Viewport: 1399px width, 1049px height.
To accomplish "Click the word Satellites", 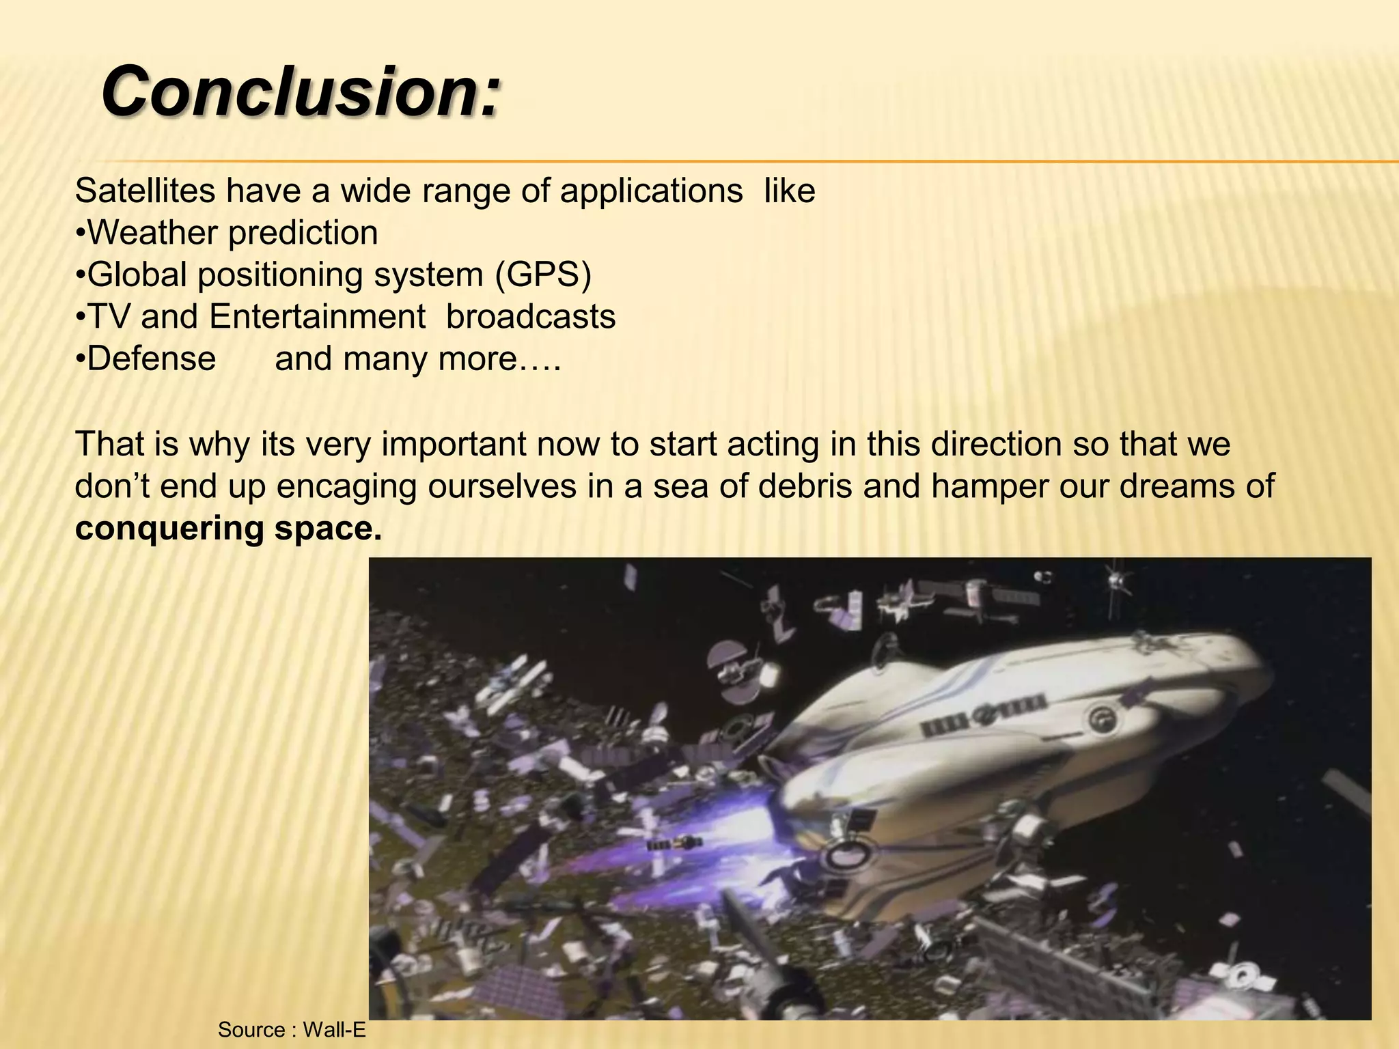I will [x=145, y=191].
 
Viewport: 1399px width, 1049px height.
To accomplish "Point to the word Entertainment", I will [x=318, y=317].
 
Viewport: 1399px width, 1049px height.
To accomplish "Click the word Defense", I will [x=151, y=359].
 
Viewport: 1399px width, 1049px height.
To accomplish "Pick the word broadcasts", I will [x=531, y=317].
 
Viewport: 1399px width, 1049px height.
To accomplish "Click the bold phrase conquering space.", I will [x=229, y=528].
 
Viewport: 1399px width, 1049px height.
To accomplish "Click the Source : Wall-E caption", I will [x=292, y=1029].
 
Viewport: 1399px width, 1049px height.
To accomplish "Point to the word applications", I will [x=652, y=191].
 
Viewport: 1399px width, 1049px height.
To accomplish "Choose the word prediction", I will [x=303, y=233].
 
